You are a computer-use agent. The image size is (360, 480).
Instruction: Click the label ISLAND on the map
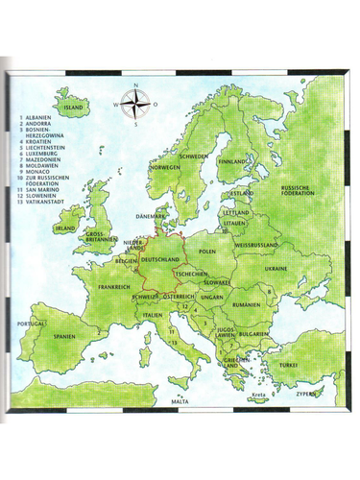coord(75,108)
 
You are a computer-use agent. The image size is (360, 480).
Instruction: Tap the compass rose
coord(136,104)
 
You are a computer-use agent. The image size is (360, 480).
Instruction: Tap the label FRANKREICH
coord(114,286)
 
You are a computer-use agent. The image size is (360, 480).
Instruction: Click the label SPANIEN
coord(65,337)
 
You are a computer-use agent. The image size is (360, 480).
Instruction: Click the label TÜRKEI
coord(288,365)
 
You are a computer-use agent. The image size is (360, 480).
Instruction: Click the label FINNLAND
coord(233,162)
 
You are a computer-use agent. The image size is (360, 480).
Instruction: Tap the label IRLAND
coord(65,228)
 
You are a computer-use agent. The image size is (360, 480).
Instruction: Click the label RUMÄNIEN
coord(246,303)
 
